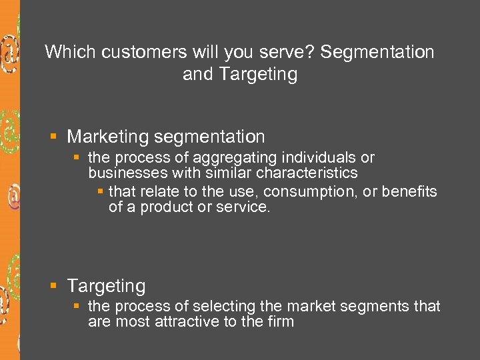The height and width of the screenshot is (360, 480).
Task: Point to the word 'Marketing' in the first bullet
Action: pos(108,137)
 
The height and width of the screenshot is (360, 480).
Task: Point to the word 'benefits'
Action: pos(411,192)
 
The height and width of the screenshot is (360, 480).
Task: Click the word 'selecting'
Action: pos(223,307)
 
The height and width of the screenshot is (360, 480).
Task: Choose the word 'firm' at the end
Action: pos(279,322)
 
